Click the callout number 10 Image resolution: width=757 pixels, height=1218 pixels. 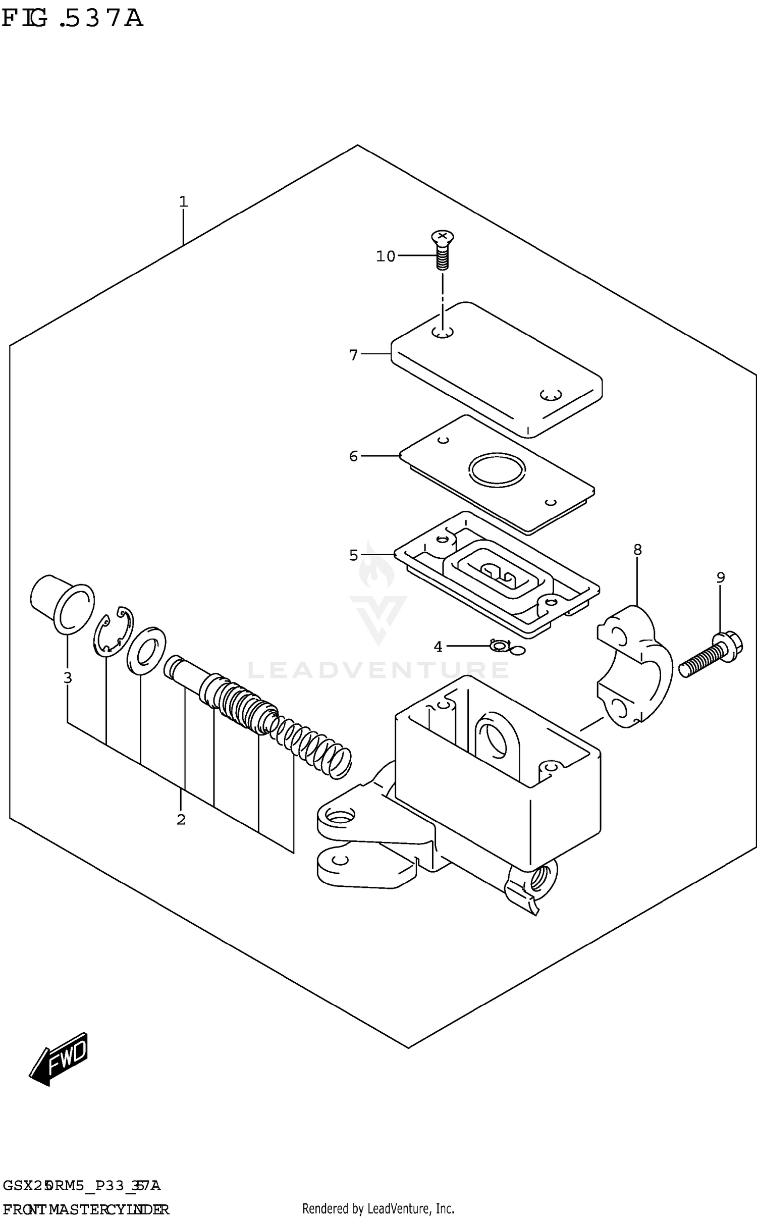(385, 256)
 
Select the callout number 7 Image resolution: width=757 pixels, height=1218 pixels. (353, 355)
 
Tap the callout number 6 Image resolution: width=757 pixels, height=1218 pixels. (353, 456)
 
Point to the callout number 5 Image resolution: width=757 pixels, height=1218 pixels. (353, 555)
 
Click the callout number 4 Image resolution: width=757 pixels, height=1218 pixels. (438, 647)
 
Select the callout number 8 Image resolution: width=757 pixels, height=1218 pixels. (637, 549)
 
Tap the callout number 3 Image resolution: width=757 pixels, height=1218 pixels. (68, 678)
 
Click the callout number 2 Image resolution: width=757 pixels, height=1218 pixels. (181, 819)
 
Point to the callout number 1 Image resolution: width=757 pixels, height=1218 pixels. (183, 202)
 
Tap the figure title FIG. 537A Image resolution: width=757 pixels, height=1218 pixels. (72, 19)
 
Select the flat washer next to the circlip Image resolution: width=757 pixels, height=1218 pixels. (146, 651)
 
